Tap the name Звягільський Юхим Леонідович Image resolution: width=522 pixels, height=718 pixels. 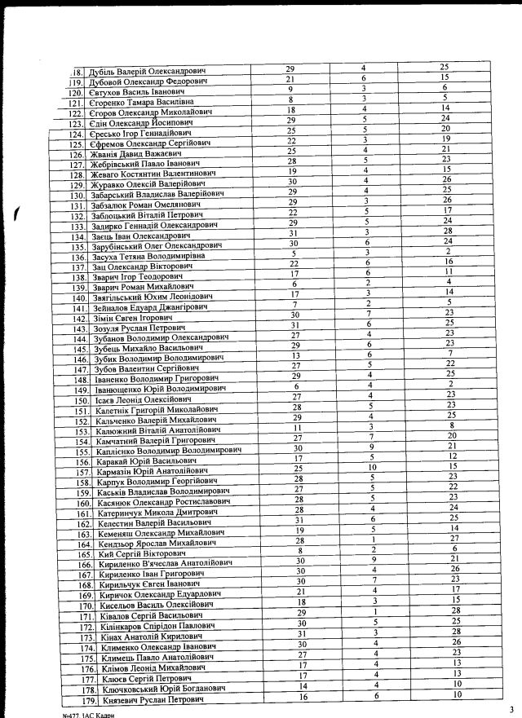(155, 297)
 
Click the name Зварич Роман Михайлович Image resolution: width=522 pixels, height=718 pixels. (146, 287)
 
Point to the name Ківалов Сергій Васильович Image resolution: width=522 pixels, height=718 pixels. (147, 616)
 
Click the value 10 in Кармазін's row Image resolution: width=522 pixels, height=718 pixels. (371, 468)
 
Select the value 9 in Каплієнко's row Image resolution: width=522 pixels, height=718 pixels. (371, 447)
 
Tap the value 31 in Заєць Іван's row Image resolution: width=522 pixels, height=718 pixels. (292, 233)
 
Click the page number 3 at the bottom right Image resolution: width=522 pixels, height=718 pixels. (511, 707)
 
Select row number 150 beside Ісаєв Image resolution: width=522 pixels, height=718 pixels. (79, 401)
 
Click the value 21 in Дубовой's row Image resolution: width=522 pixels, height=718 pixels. (290, 78)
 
